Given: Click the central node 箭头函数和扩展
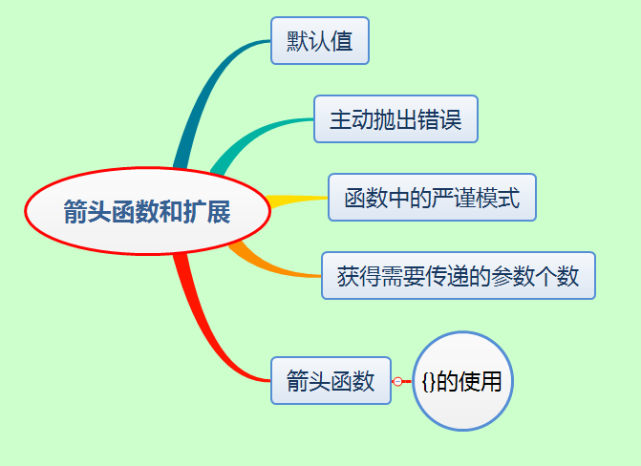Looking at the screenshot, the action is (x=147, y=211).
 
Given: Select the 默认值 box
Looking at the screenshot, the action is (x=320, y=40).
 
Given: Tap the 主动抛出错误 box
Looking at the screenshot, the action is (x=395, y=119).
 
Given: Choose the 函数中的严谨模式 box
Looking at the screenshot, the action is (x=432, y=198).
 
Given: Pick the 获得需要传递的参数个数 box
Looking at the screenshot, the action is (x=459, y=276).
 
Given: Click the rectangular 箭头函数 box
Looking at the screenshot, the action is (x=331, y=381).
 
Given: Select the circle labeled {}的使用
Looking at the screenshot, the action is (x=462, y=381).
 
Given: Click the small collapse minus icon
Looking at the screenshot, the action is (x=397, y=381).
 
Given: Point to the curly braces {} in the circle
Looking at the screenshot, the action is (x=429, y=381).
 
